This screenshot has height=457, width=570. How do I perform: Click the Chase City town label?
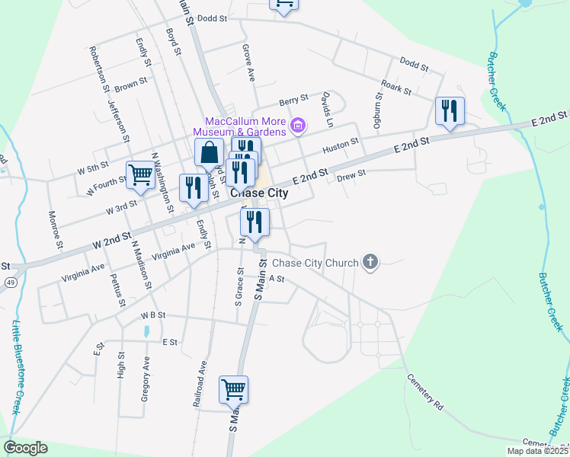pyautogui.click(x=259, y=193)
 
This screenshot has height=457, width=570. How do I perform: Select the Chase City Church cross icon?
pyautogui.click(x=370, y=263)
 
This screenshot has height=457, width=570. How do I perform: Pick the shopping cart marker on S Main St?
pyautogui.click(x=234, y=389)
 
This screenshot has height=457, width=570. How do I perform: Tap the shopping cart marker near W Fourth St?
pyautogui.click(x=140, y=175)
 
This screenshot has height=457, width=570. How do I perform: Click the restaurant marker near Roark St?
pyautogui.click(x=450, y=110)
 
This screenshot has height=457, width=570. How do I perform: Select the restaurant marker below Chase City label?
pyautogui.click(x=255, y=222)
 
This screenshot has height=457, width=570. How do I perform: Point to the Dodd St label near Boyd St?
pyautogui.click(x=213, y=18)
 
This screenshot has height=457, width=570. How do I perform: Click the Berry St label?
pyautogui.click(x=293, y=99)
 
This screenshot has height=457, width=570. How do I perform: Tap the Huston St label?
pyautogui.click(x=340, y=144)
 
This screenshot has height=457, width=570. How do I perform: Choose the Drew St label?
pyautogui.click(x=351, y=174)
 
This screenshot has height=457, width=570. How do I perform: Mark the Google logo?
pyautogui.click(x=25, y=448)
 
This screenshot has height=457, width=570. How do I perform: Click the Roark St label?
pyautogui.click(x=396, y=89)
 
